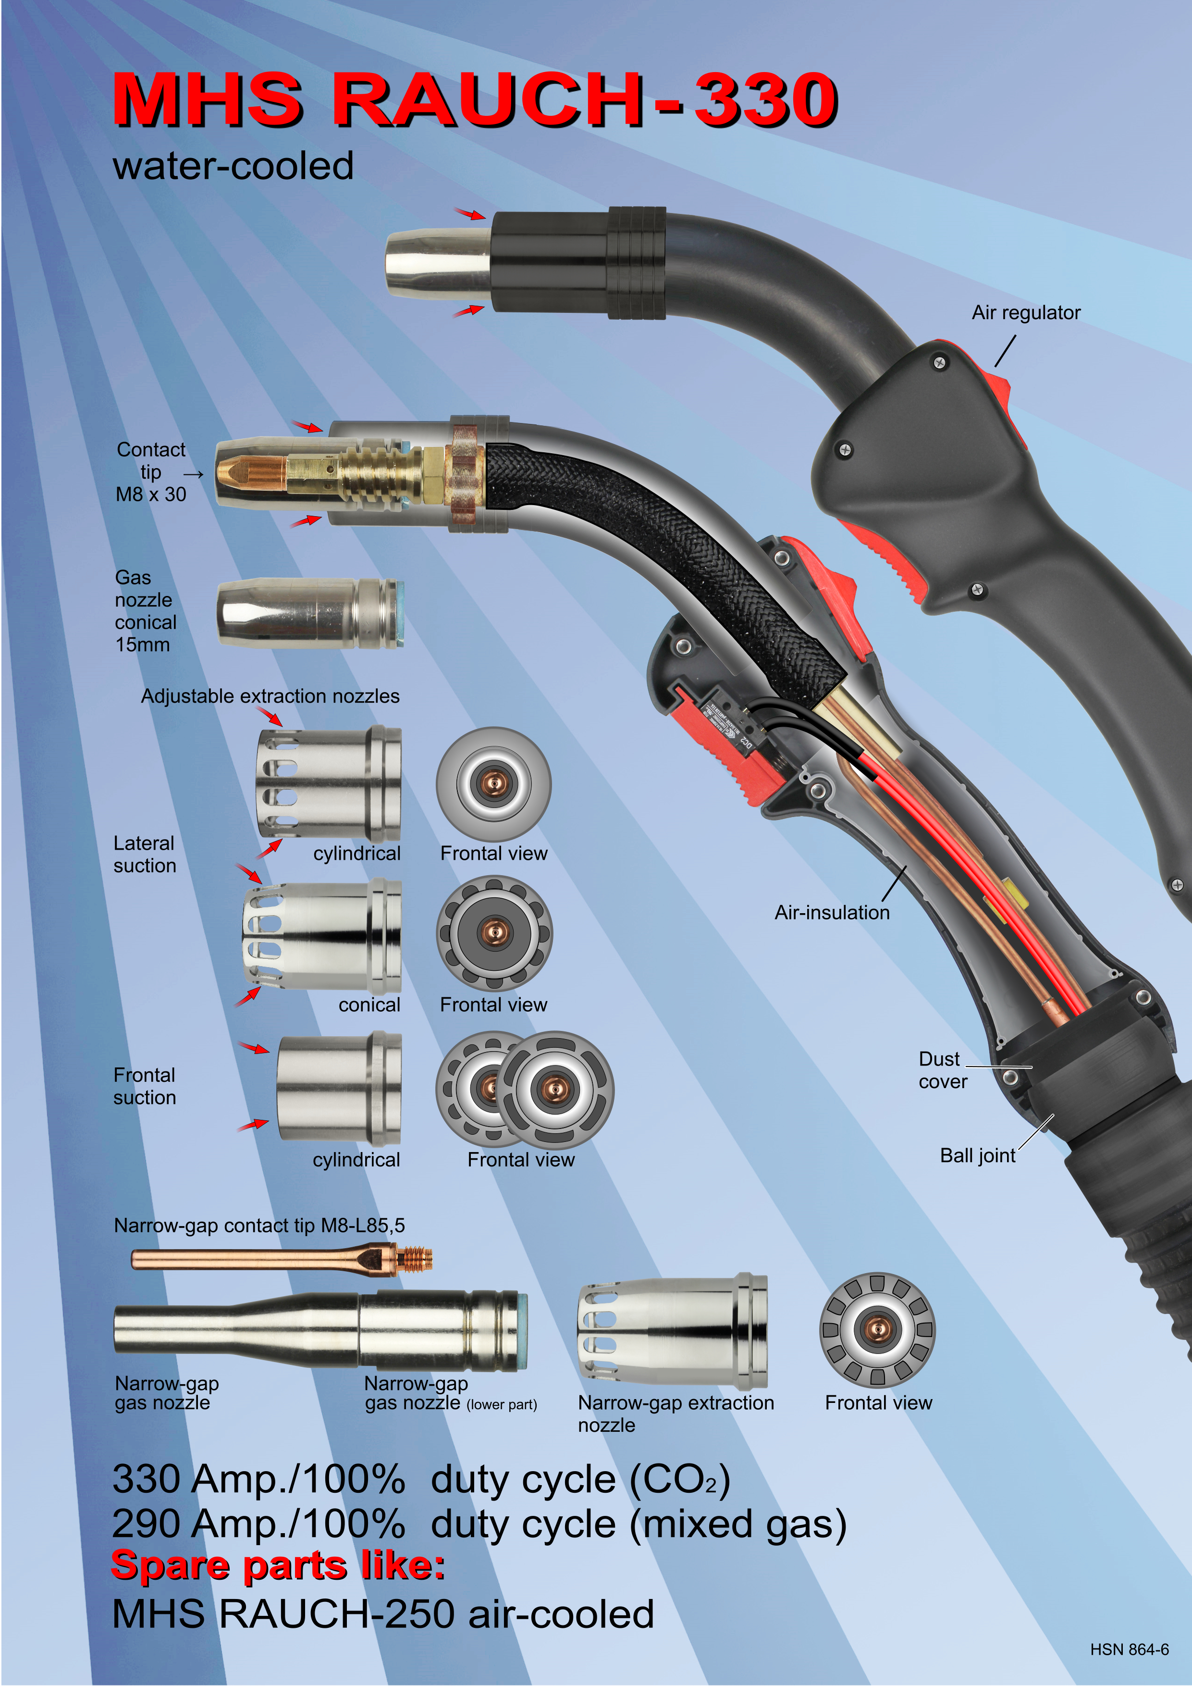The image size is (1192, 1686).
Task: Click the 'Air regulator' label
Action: (1026, 313)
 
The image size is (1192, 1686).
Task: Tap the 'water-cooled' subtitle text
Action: (233, 165)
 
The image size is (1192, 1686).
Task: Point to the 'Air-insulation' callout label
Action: (832, 912)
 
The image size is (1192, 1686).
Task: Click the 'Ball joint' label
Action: (978, 1156)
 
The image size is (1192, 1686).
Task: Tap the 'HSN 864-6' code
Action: (1130, 1649)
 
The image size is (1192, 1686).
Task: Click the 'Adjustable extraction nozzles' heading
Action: (270, 696)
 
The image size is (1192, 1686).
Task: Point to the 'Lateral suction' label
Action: (145, 854)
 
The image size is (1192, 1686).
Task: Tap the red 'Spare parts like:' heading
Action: (278, 1565)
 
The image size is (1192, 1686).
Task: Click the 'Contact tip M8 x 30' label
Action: (151, 472)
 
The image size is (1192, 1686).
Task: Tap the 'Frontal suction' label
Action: (145, 1086)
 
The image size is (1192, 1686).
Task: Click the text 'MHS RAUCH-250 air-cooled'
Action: (383, 1614)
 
